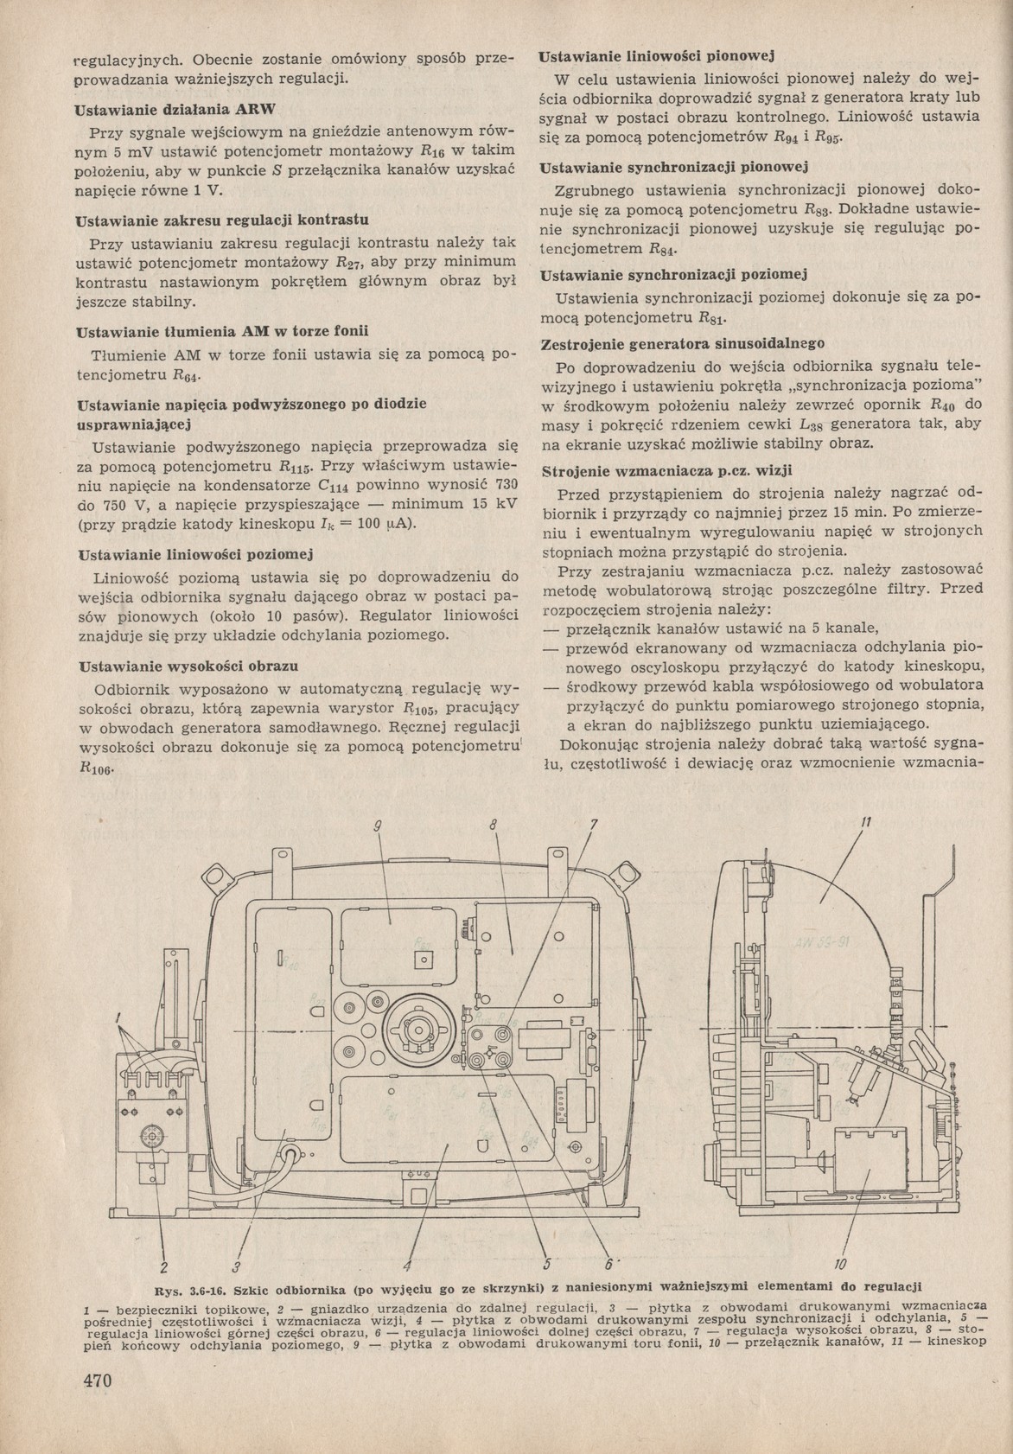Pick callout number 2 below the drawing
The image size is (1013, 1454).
click(x=162, y=1268)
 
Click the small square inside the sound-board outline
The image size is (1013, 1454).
click(x=423, y=960)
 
